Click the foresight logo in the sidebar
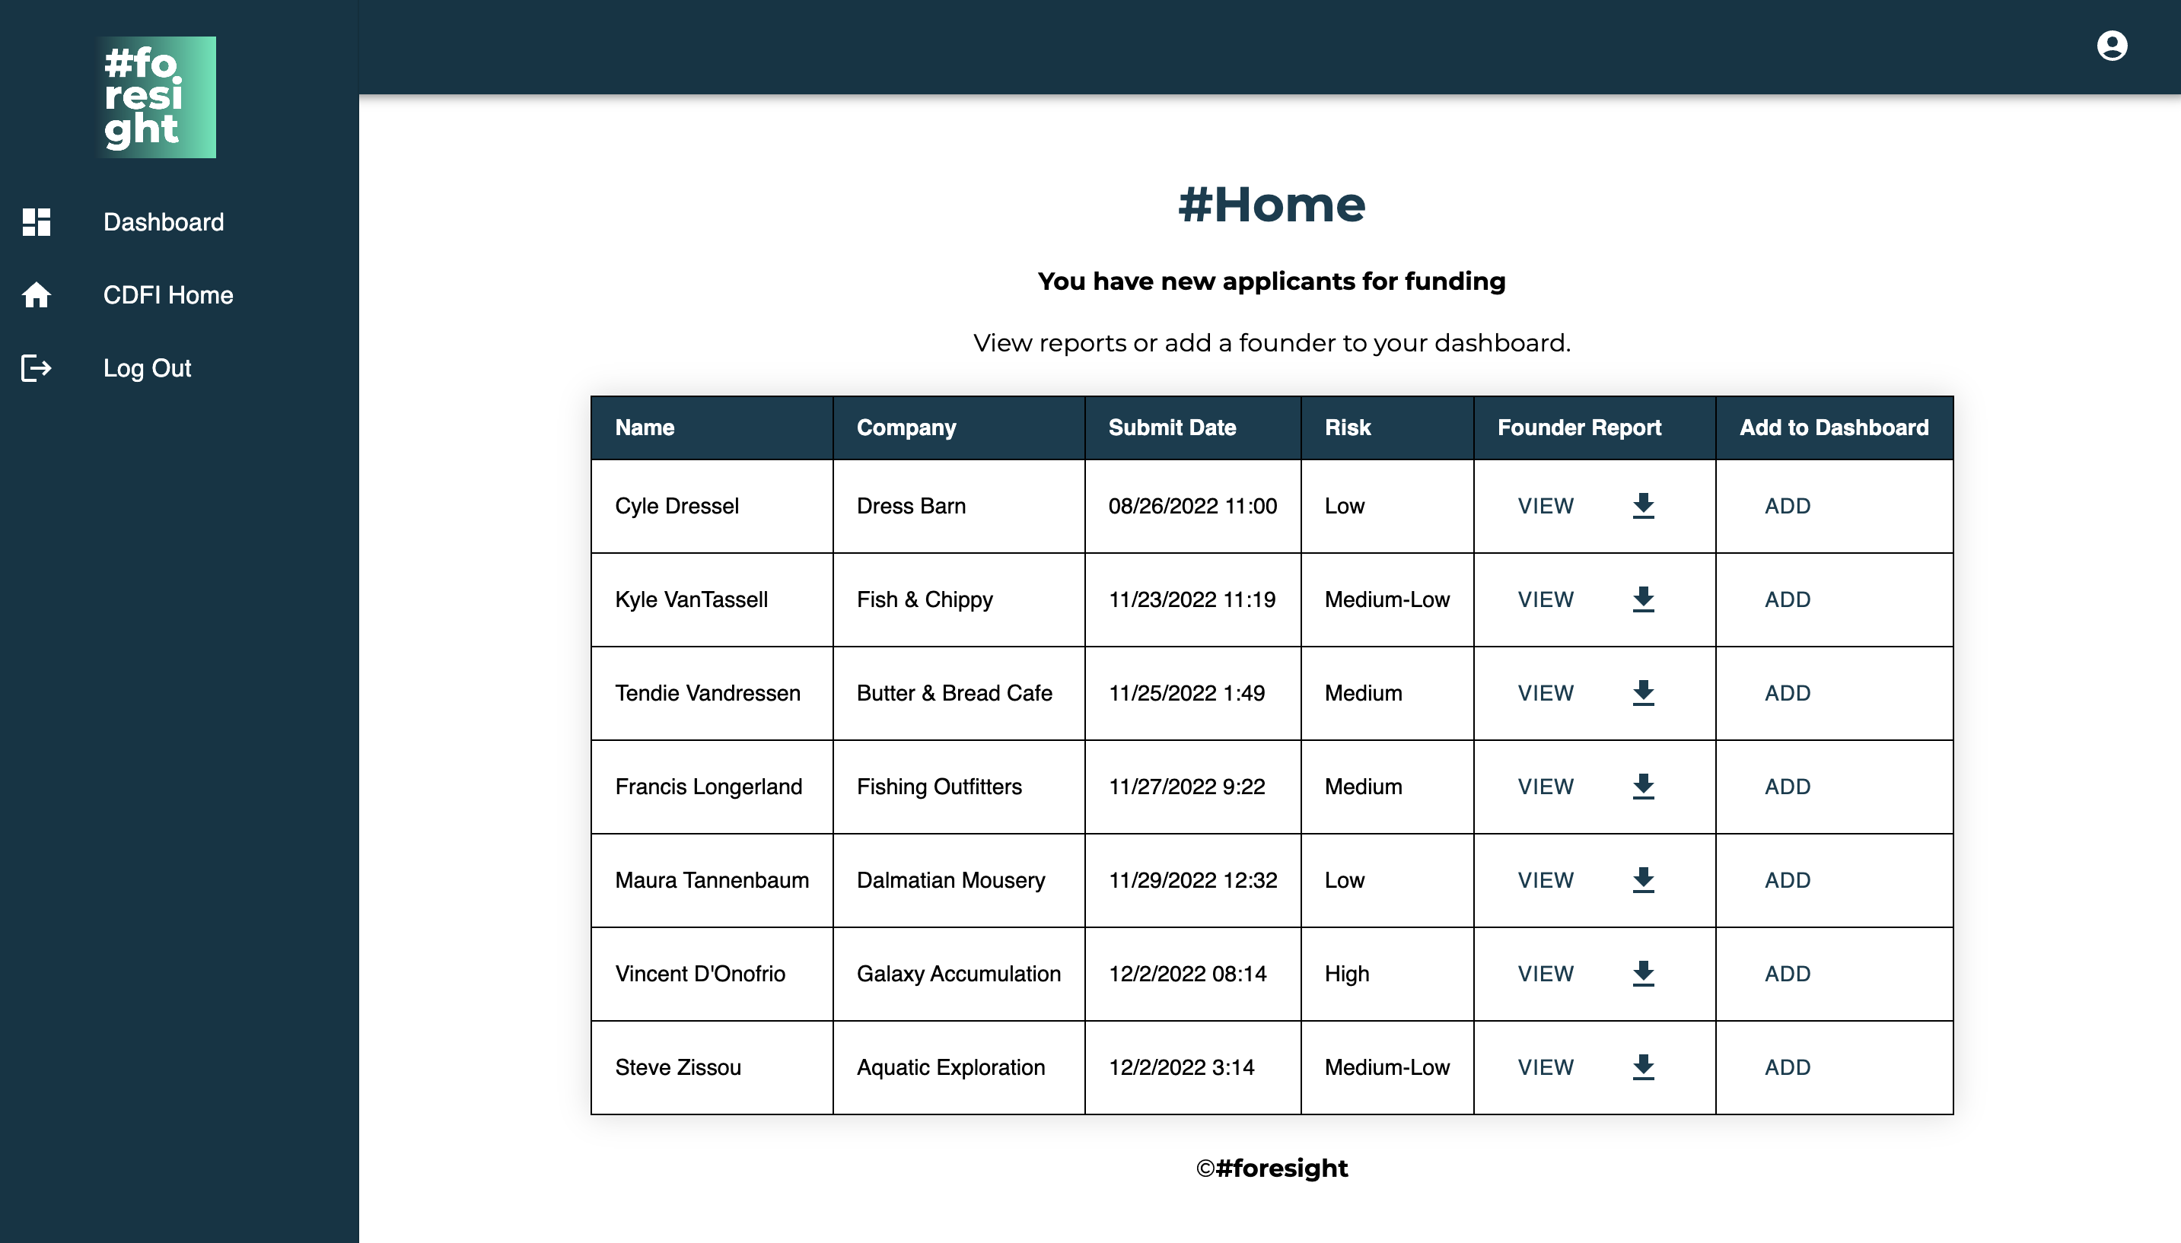tap(156, 97)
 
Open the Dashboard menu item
tap(163, 222)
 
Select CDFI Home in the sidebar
tap(167, 295)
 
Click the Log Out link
tap(147, 368)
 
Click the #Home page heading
tap(1271, 205)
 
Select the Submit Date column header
tap(1172, 428)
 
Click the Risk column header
tap(1347, 428)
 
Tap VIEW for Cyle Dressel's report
tap(1545, 506)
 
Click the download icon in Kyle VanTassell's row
tap(1643, 599)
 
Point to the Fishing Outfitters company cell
tap(938, 787)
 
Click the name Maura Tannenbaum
tap(712, 880)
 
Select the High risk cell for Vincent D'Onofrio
tap(1347, 974)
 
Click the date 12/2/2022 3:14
tap(1181, 1067)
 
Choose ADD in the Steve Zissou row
tap(1788, 1067)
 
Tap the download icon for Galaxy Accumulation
tap(1643, 973)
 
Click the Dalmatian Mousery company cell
tap(950, 880)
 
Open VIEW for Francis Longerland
tap(1545, 787)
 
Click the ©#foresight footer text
tap(1271, 1168)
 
